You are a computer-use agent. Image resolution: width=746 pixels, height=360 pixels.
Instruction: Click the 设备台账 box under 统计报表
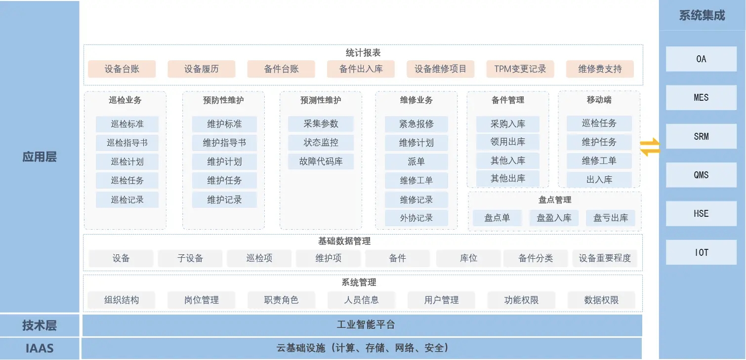pos(122,69)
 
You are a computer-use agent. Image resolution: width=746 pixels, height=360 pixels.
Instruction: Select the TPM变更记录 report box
pos(520,69)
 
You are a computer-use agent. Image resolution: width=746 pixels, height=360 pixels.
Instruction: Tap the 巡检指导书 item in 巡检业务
pos(127,143)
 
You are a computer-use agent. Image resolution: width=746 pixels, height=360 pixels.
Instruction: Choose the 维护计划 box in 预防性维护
pos(224,162)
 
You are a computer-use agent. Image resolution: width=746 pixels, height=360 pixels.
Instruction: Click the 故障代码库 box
pos(321,161)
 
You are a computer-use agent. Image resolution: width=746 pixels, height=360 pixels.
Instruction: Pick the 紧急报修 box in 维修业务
pos(416,124)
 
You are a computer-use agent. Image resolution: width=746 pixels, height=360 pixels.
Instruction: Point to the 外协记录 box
pos(416,218)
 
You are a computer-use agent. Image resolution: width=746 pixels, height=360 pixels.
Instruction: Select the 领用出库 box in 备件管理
pos(508,142)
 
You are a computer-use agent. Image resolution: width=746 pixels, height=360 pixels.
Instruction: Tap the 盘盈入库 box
pos(554,218)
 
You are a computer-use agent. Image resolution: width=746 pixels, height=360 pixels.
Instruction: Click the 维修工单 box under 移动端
pos(599,161)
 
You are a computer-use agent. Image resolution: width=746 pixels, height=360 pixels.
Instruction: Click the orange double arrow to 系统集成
pos(650,147)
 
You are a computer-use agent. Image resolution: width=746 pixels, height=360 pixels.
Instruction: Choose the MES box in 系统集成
pos(701,98)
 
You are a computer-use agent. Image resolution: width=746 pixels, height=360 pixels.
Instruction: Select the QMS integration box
pos(701,175)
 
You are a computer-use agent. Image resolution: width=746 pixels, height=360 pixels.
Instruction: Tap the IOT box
pos(701,252)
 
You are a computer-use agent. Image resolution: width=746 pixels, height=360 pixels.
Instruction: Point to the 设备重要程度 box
pos(605,258)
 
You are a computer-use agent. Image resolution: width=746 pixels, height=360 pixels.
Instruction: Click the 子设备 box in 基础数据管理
pos(190,258)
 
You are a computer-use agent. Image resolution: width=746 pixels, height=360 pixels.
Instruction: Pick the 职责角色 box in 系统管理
pos(281,300)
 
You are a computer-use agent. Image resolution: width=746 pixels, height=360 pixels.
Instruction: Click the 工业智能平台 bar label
pos(366,325)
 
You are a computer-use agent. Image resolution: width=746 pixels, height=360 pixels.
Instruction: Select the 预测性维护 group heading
pos(321,100)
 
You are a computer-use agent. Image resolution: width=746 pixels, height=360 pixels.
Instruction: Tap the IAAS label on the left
pos(40,348)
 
